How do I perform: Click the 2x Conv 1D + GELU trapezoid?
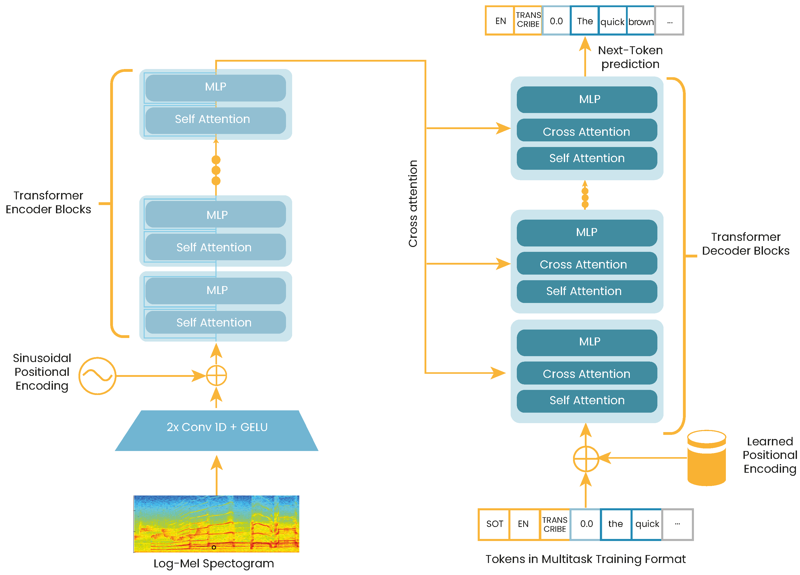pos(216,430)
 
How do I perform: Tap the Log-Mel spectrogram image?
pos(216,524)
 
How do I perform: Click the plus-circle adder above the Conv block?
pos(216,376)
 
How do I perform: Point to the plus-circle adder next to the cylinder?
pos(586,459)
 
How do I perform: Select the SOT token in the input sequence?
pos(494,524)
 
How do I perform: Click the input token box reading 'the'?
pos(615,524)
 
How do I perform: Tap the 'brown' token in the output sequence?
pos(641,21)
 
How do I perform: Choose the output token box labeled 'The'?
pos(585,21)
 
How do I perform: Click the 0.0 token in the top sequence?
pos(556,21)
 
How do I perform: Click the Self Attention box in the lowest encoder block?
pos(215,322)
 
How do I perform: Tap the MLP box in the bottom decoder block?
pos(587,342)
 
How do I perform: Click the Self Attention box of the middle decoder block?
pos(587,291)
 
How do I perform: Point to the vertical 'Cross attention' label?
pos(413,204)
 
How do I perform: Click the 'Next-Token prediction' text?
pos(630,57)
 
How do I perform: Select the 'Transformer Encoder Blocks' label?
pos(48,202)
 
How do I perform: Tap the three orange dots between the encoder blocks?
pos(216,170)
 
